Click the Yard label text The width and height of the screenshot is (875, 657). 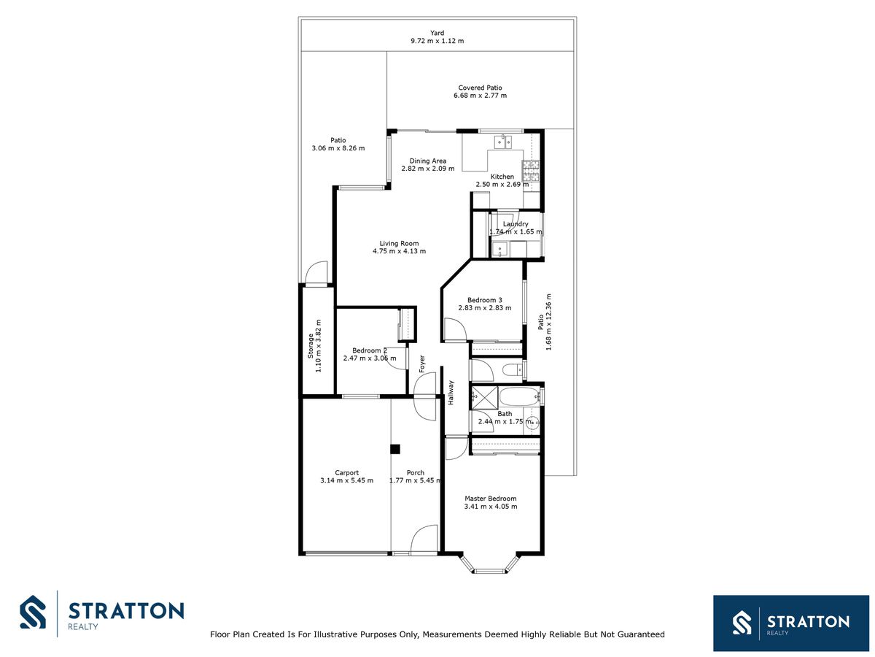437,33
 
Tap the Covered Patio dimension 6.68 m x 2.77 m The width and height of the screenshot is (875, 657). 480,96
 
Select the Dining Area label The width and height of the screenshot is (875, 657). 428,161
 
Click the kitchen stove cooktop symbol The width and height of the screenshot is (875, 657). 531,171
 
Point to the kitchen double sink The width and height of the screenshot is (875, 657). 503,142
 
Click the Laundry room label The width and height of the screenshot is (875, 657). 516,224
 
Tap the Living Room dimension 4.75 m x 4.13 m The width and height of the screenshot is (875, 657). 399,251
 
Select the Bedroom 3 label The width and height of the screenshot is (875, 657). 485,300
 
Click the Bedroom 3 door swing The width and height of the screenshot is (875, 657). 455,329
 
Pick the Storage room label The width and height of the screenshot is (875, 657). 311,346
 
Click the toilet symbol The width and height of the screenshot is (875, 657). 513,370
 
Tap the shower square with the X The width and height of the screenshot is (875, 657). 485,397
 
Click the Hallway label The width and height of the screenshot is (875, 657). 451,393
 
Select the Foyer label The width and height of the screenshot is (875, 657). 421,364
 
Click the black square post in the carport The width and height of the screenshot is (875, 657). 394,449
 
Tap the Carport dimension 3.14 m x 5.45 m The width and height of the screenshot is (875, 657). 347,480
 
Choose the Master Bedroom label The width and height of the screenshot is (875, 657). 490,499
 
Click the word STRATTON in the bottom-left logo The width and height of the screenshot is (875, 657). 126,611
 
